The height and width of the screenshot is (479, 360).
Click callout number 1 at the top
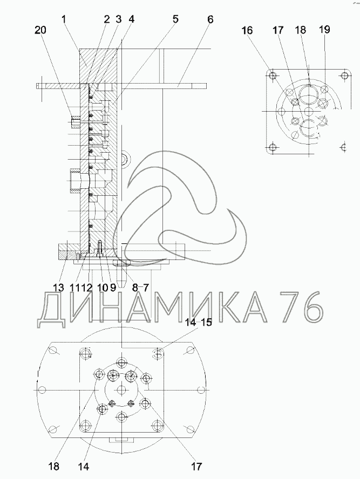64,19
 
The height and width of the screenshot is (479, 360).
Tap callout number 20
40,30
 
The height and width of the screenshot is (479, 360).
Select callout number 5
175,19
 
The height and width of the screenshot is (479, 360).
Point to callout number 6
210,19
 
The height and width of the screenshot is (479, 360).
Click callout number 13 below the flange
59,288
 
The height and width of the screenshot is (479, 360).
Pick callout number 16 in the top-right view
247,30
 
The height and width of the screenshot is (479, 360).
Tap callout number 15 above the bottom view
206,323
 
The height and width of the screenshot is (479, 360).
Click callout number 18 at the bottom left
53,467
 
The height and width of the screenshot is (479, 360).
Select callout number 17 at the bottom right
197,467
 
